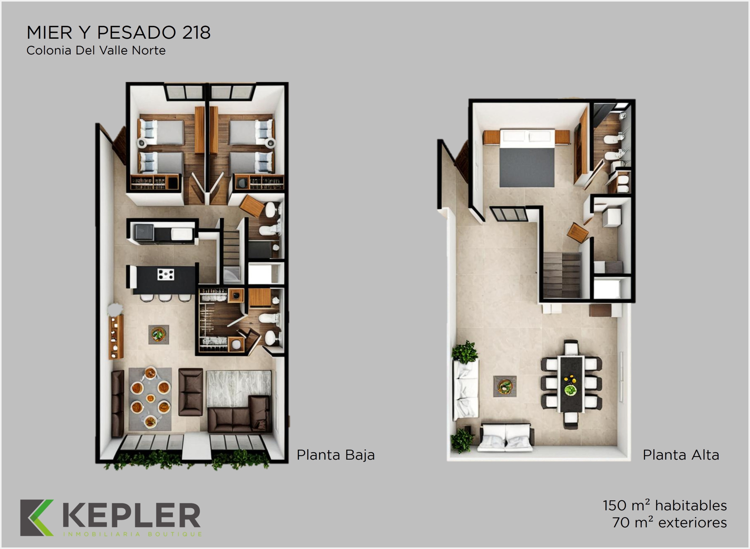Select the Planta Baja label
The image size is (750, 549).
pyautogui.click(x=335, y=455)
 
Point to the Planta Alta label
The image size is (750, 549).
pyautogui.click(x=681, y=455)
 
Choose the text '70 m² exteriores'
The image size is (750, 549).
pyautogui.click(x=669, y=522)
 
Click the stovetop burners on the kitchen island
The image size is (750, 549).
pyautogui.click(x=166, y=275)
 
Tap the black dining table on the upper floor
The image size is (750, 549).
pyautogui.click(x=571, y=384)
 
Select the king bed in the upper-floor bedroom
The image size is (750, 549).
pyautogui.click(x=527, y=158)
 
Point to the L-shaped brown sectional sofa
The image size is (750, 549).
pyautogui.click(x=239, y=415)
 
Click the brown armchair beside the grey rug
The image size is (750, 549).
pyautogui.click(x=191, y=392)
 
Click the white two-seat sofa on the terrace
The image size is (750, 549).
pyautogui.click(x=505, y=437)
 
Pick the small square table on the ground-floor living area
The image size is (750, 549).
pyautogui.click(x=158, y=334)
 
